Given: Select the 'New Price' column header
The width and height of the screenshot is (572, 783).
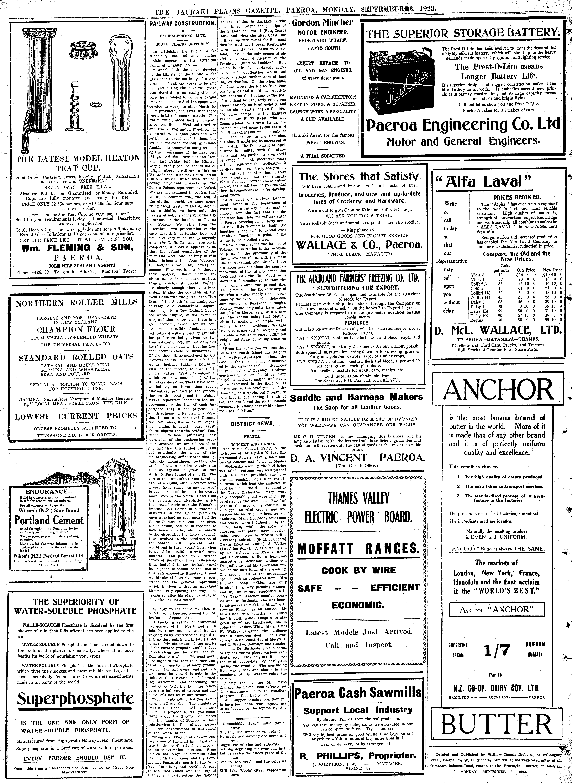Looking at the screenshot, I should [552, 270].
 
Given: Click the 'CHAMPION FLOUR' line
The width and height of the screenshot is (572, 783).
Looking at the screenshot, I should [76, 329].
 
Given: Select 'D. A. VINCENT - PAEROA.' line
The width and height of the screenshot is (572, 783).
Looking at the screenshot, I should [357, 458].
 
